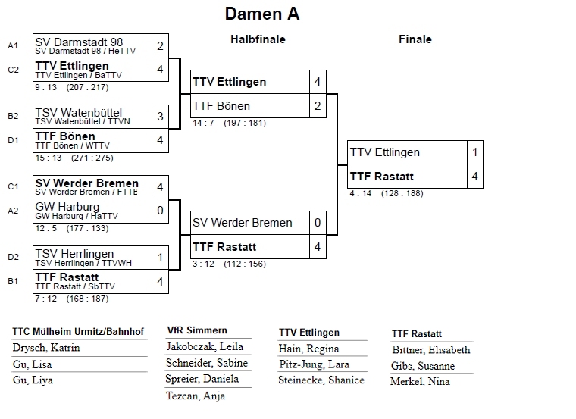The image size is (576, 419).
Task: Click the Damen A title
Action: click(x=261, y=14)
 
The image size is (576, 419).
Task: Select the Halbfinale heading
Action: click(x=258, y=39)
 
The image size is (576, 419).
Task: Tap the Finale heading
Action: click(x=415, y=39)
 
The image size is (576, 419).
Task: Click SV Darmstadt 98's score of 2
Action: click(x=160, y=45)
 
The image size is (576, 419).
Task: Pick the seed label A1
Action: click(x=13, y=45)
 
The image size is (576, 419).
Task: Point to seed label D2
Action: click(x=13, y=258)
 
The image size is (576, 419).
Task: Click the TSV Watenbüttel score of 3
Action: click(x=160, y=117)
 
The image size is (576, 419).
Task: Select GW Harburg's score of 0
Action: click(x=160, y=210)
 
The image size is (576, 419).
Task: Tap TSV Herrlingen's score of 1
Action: click(x=160, y=257)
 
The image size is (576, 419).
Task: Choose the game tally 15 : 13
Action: click(x=49, y=158)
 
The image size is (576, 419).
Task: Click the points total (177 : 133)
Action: click(x=87, y=227)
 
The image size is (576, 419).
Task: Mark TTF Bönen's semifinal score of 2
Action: click(x=318, y=106)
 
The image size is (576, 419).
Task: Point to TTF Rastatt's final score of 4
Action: click(x=474, y=177)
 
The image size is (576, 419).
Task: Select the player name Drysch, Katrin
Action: click(x=46, y=349)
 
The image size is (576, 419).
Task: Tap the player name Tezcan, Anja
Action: click(x=196, y=396)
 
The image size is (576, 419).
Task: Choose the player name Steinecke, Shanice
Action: click(x=321, y=380)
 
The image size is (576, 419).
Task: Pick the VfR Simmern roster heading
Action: click(x=197, y=330)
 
